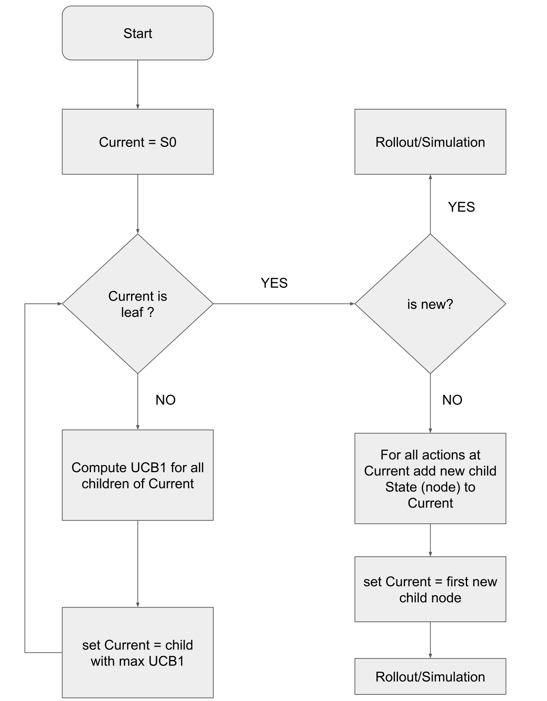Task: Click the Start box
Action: pyautogui.click(x=138, y=33)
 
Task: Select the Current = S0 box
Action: pyautogui.click(x=138, y=142)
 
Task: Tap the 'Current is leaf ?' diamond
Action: pyautogui.click(x=138, y=304)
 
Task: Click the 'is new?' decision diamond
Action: pyautogui.click(x=430, y=304)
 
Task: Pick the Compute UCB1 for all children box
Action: pyautogui.click(x=138, y=475)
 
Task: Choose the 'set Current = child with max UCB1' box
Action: pyautogui.click(x=138, y=653)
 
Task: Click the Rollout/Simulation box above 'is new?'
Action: pyautogui.click(x=430, y=142)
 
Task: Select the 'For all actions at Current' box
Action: pyautogui.click(x=430, y=478)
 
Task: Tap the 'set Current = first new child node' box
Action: pyautogui.click(x=430, y=589)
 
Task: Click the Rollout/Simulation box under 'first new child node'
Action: pyautogui.click(x=430, y=676)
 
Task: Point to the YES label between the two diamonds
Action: pyautogui.click(x=274, y=283)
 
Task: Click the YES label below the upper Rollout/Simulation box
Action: pyautogui.click(x=462, y=207)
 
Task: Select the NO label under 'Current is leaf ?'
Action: pyautogui.click(x=165, y=400)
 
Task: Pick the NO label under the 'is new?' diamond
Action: pyautogui.click(x=452, y=400)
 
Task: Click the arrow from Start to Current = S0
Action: pyautogui.click(x=138, y=85)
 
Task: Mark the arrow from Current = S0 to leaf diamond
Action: pyautogui.click(x=138, y=204)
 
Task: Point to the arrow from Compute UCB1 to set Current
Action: pyautogui.click(x=138, y=564)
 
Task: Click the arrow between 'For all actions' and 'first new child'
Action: pyautogui.click(x=430, y=540)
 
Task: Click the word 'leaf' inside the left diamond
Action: pyautogui.click(x=132, y=312)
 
